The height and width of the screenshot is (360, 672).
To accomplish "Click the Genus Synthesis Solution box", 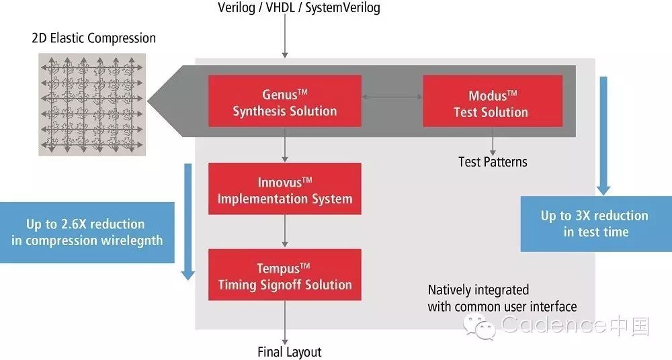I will tap(285, 101).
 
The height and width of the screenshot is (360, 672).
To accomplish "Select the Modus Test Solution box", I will tap(492, 101).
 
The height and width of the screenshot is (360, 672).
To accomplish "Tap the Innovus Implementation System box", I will tap(285, 189).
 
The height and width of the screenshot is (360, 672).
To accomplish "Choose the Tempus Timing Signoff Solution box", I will tap(285, 275).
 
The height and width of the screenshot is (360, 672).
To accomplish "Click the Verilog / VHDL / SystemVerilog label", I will tap(299, 8).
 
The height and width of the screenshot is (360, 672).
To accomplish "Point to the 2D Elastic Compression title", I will tap(94, 38).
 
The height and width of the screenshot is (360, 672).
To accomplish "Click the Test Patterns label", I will tap(493, 161).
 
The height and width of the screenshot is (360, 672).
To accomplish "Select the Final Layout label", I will tap(290, 352).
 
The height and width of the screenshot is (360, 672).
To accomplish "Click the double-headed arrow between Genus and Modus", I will tap(392, 97).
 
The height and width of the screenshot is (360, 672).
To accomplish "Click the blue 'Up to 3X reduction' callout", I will tap(594, 224).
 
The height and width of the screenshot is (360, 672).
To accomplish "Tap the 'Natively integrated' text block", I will tap(502, 298).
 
